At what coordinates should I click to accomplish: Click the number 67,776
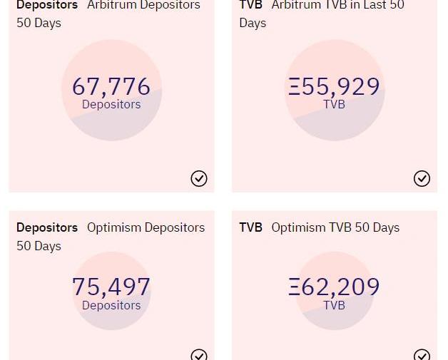coord(111,86)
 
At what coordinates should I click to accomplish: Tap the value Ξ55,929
coord(334,86)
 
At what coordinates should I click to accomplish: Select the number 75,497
coord(111,287)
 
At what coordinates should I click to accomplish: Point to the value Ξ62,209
coord(334,287)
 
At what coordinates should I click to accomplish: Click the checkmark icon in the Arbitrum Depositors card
coord(199,178)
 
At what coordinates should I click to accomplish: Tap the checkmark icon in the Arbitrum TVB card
coord(422,178)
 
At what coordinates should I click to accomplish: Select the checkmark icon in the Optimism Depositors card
coord(199,354)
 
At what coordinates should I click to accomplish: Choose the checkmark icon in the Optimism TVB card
coord(422,354)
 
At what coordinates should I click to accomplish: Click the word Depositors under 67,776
coord(111,105)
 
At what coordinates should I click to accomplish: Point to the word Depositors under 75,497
coord(111,305)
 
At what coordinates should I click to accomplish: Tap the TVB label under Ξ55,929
coord(334,105)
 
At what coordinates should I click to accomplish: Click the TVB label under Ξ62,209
coord(334,305)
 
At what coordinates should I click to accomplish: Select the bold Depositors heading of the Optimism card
coord(47,227)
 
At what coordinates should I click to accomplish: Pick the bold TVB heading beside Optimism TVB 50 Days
coord(251,227)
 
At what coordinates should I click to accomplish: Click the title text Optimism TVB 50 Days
coord(335,227)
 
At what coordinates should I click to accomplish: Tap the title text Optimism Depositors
coord(146,227)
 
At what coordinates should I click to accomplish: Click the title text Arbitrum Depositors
coord(143,6)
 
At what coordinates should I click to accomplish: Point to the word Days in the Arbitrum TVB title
coord(253,23)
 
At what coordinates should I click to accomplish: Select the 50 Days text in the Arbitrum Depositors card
coord(39,23)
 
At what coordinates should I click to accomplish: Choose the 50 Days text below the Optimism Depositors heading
coord(39,246)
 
